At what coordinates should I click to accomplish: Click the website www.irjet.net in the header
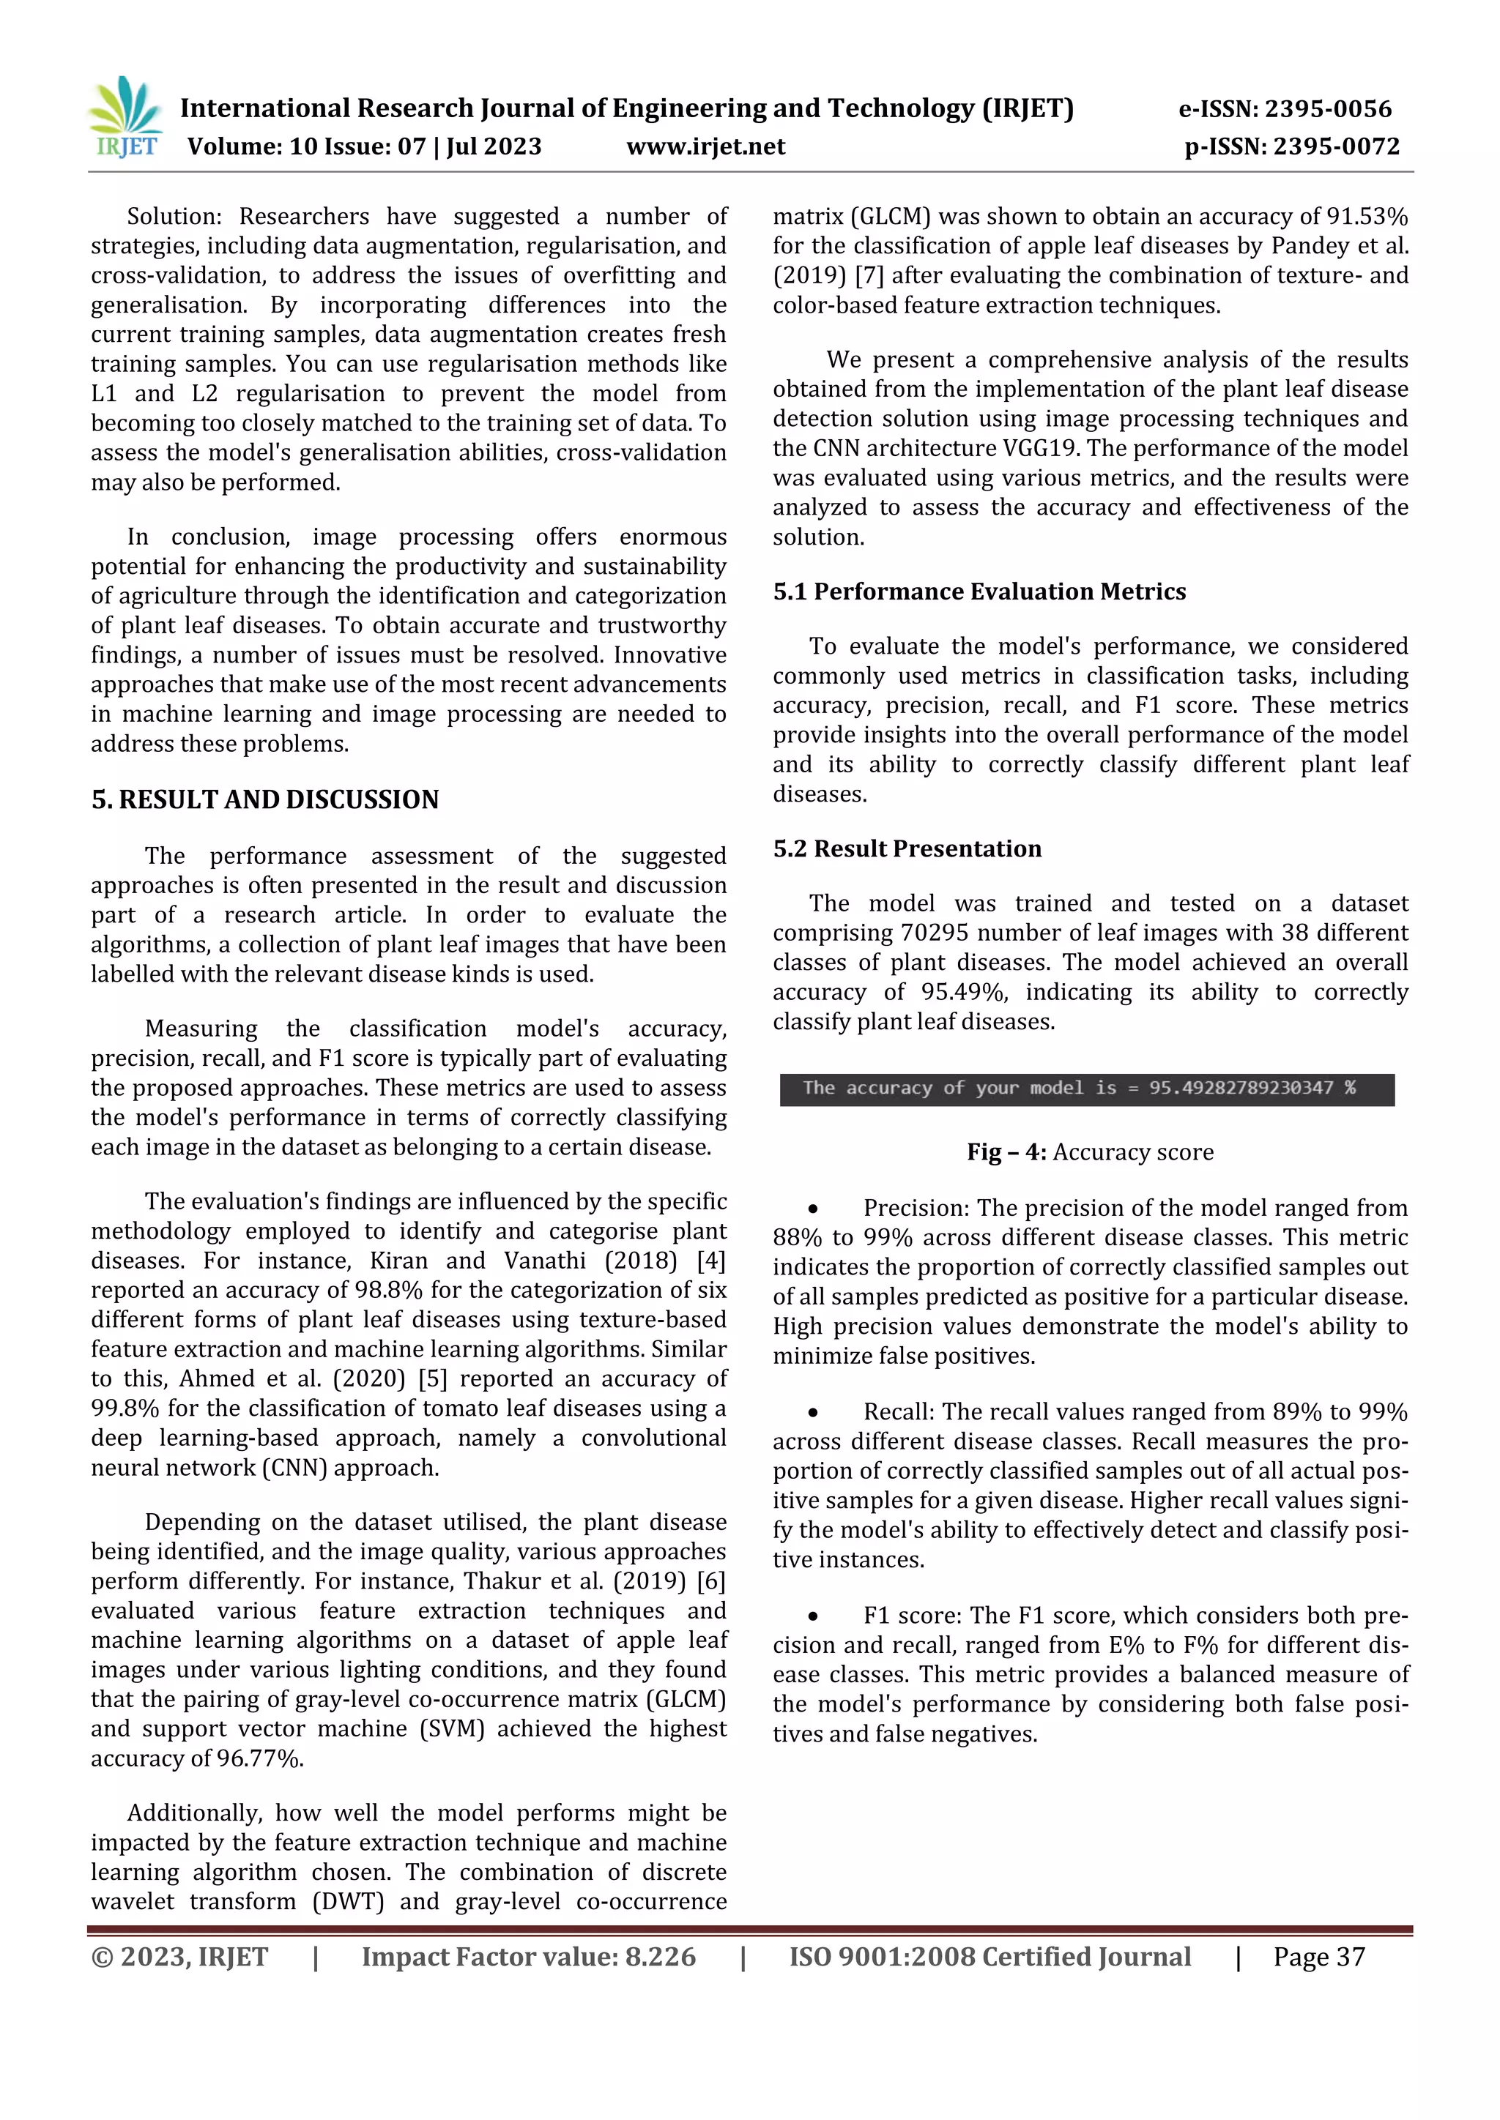(x=705, y=146)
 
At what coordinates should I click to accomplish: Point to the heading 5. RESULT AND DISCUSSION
(x=265, y=799)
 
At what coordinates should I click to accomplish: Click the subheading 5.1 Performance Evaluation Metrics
(x=979, y=592)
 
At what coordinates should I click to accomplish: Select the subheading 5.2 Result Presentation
(x=907, y=848)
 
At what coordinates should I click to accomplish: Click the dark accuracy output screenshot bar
(x=1086, y=1089)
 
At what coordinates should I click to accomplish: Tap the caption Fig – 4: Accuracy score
(x=1090, y=1152)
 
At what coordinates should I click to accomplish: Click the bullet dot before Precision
(x=813, y=1209)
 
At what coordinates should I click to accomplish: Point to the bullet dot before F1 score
(x=813, y=1616)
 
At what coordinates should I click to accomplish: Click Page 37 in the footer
(x=1318, y=1957)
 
